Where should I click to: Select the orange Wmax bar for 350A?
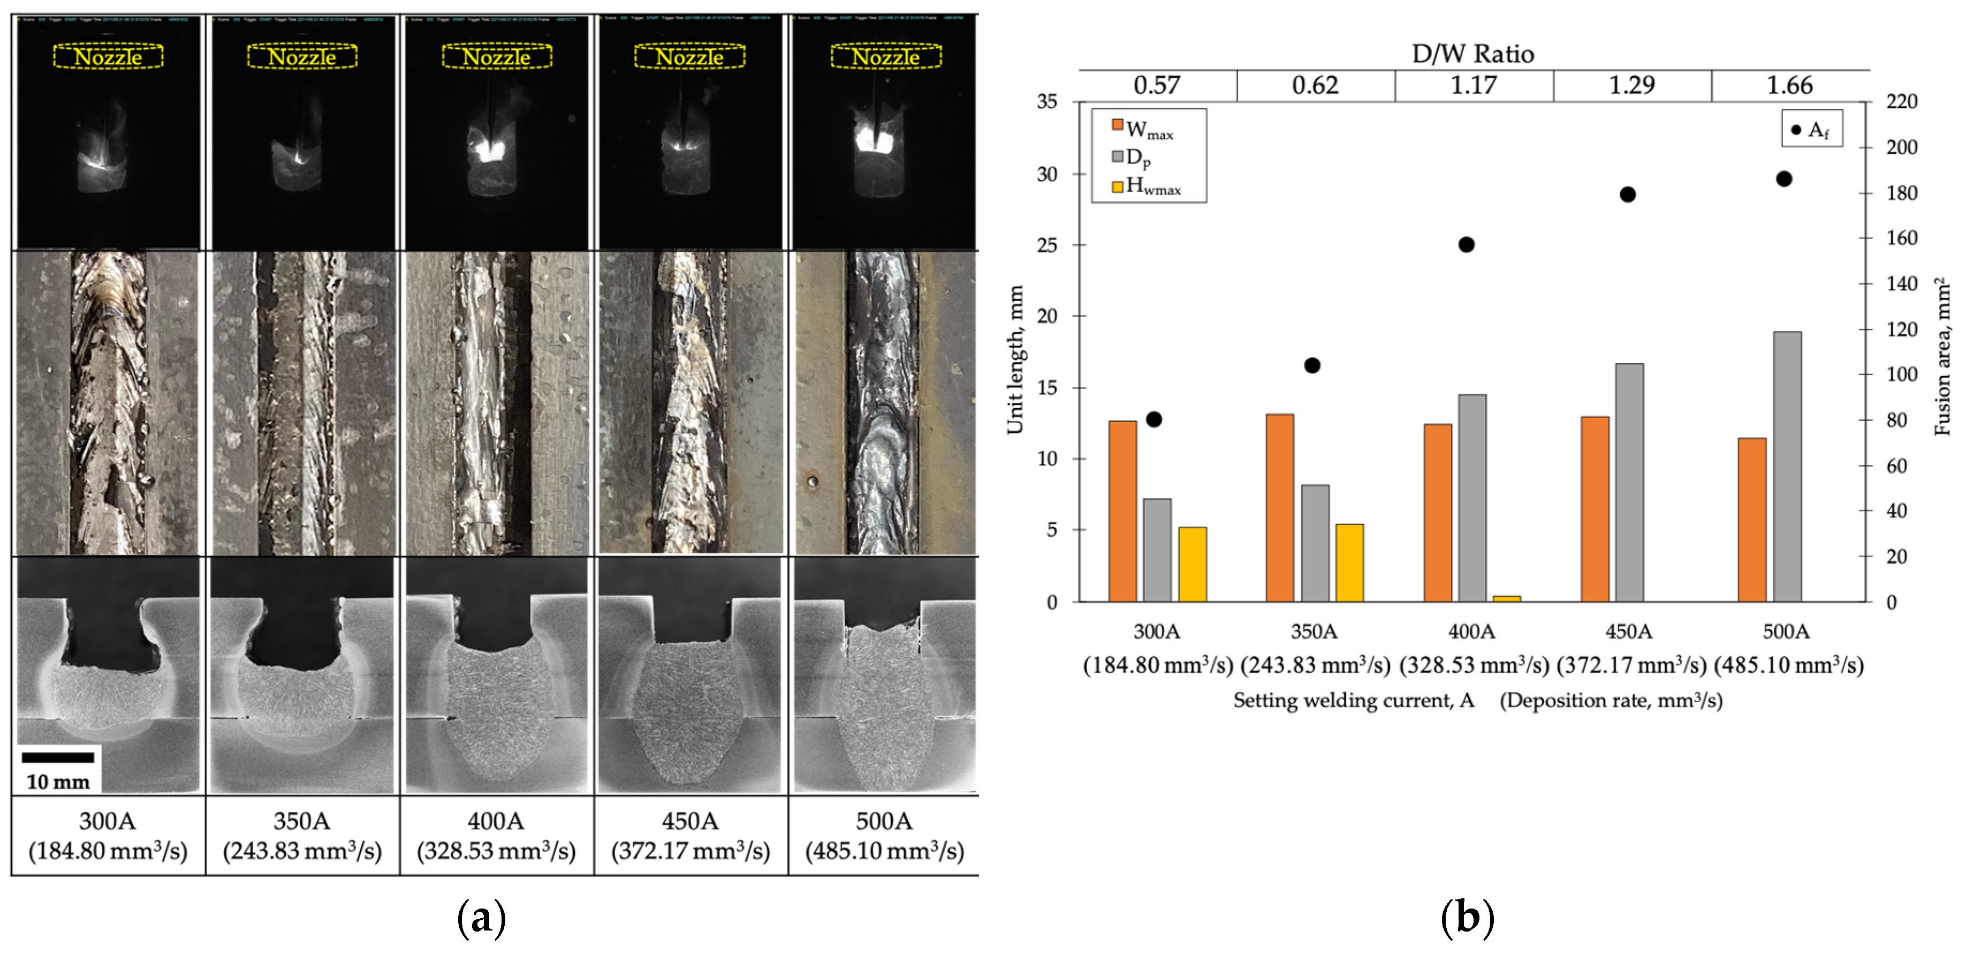pyautogui.click(x=1279, y=508)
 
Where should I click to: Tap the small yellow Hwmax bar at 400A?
pyautogui.click(x=1507, y=598)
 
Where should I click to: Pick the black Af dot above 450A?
pyautogui.click(x=1628, y=194)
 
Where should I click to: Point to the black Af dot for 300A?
pyautogui.click(x=1154, y=419)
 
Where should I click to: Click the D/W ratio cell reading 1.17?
pyautogui.click(x=1473, y=86)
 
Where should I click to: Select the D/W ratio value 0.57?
pyautogui.click(x=1157, y=86)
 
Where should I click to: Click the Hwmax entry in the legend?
pyautogui.click(x=1148, y=185)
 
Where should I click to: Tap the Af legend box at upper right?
pyautogui.click(x=1811, y=129)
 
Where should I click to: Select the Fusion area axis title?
pyautogui.click(x=1942, y=357)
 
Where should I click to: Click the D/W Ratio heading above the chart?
pyautogui.click(x=1473, y=54)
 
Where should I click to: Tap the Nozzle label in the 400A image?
pyautogui.click(x=497, y=57)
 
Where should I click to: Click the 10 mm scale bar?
pyautogui.click(x=58, y=757)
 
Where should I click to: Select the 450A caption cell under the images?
pyautogui.click(x=690, y=835)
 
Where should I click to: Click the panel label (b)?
pyautogui.click(x=1466, y=917)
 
